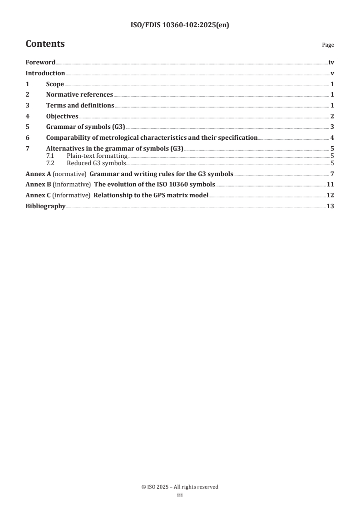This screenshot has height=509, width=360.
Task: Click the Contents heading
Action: (45, 44)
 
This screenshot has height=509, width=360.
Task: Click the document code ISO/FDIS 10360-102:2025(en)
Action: (180, 25)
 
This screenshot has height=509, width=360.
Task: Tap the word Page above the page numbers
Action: (328, 45)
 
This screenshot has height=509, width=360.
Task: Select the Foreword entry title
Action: (40, 63)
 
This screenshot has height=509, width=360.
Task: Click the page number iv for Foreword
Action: (331, 63)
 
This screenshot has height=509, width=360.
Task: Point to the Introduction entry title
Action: (45, 73)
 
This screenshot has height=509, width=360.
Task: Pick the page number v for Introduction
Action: (333, 73)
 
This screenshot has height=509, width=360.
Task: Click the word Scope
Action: (55, 84)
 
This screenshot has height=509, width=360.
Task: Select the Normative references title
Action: (79, 95)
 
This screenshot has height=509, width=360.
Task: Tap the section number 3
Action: (27, 106)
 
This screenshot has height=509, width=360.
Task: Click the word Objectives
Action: (62, 116)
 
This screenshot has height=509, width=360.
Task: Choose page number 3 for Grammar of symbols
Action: (332, 127)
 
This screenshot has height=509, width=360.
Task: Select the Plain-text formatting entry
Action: (97, 156)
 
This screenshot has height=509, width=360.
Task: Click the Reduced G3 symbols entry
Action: (96, 163)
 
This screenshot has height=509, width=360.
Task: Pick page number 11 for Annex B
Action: (330, 185)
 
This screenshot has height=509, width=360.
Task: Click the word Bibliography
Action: (45, 206)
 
